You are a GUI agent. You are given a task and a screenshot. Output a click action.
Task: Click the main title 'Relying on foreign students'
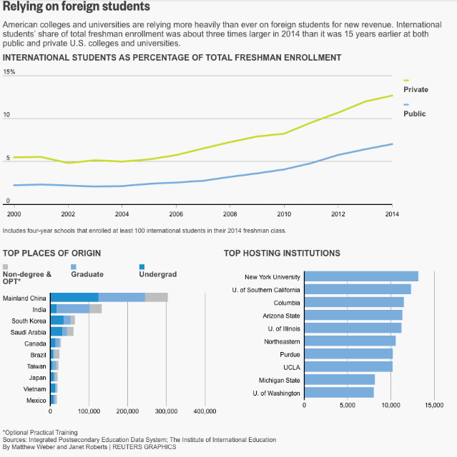(x=77, y=7)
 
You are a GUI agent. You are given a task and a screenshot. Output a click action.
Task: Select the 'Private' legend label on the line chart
(x=416, y=89)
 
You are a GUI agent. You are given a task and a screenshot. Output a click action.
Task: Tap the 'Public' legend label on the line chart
(x=414, y=114)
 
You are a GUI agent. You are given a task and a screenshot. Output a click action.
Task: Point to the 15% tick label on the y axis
(x=9, y=72)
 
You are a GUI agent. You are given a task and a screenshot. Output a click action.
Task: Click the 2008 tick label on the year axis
(x=230, y=214)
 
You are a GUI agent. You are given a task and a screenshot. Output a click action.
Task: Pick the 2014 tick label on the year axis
(x=392, y=214)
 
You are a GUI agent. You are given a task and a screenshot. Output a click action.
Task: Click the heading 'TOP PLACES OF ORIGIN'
(x=51, y=253)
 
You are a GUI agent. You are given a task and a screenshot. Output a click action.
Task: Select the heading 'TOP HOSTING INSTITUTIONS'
(x=282, y=253)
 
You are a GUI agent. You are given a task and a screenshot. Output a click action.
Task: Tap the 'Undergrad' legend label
(x=157, y=274)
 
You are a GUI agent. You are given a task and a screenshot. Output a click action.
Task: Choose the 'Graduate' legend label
(x=87, y=274)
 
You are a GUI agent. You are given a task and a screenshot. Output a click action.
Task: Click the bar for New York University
(x=361, y=276)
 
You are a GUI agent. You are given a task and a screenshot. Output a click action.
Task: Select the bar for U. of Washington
(x=339, y=393)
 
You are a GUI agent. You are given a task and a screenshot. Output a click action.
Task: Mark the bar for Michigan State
(x=340, y=380)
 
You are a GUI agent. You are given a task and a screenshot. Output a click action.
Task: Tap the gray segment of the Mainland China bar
(x=157, y=297)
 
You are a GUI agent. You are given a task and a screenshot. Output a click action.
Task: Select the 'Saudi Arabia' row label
(x=29, y=331)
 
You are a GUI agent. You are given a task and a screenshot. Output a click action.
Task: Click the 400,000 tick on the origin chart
(x=205, y=411)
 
